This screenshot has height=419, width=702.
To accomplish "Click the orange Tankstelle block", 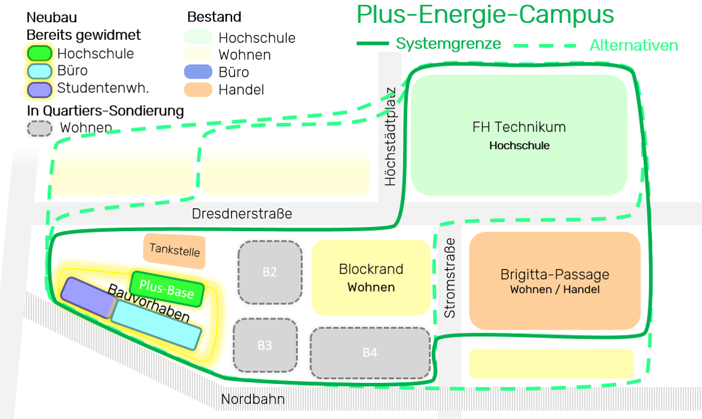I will [x=174, y=250].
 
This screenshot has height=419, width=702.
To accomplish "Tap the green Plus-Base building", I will [x=167, y=289].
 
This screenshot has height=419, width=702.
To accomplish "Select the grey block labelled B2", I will [x=270, y=272].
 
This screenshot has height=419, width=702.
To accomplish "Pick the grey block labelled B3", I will [x=265, y=345].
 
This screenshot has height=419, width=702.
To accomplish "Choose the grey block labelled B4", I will [x=370, y=353].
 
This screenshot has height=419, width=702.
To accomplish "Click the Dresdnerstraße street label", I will [x=242, y=214].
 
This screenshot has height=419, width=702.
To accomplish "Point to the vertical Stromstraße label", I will [x=450, y=278].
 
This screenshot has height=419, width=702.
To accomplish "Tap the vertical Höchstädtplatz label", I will [x=390, y=137].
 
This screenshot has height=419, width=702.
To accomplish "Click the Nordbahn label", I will [x=253, y=399].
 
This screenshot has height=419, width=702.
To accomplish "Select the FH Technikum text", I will [x=519, y=127].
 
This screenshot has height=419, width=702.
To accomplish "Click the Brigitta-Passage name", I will [x=555, y=275].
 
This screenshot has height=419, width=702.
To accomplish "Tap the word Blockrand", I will [x=371, y=269].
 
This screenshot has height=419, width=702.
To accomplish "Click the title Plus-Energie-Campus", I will [x=485, y=15].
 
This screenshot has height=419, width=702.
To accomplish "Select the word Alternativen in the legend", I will [x=633, y=45].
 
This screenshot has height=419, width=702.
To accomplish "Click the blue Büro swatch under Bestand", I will [x=198, y=72].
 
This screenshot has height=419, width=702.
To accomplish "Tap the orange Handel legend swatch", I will [x=198, y=89].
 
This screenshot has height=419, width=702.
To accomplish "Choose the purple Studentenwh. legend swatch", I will [x=40, y=89].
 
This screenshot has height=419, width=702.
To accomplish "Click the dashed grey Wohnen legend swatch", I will [x=40, y=128].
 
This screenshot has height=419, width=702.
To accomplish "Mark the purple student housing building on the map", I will [x=86, y=296].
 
